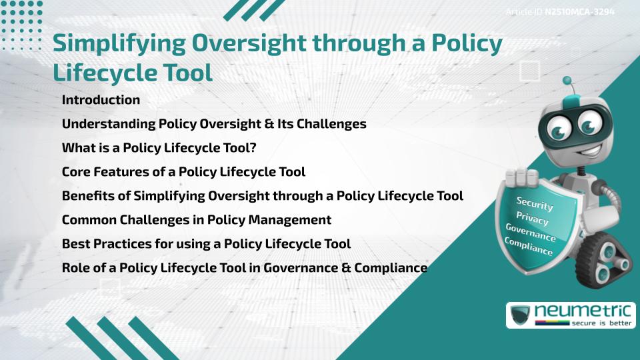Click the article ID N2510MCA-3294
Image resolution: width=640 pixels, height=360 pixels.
(x=579, y=11)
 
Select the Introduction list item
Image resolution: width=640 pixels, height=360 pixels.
(x=101, y=100)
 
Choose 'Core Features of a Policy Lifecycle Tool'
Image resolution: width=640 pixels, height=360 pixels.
(x=183, y=172)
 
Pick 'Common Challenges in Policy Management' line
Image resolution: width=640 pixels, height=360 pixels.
(x=197, y=220)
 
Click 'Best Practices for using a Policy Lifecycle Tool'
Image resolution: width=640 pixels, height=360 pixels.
(x=206, y=244)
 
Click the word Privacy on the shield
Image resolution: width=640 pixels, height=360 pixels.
(x=532, y=219)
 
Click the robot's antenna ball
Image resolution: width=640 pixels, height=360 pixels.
(x=567, y=81)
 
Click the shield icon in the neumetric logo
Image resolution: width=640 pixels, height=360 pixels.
(x=520, y=315)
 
